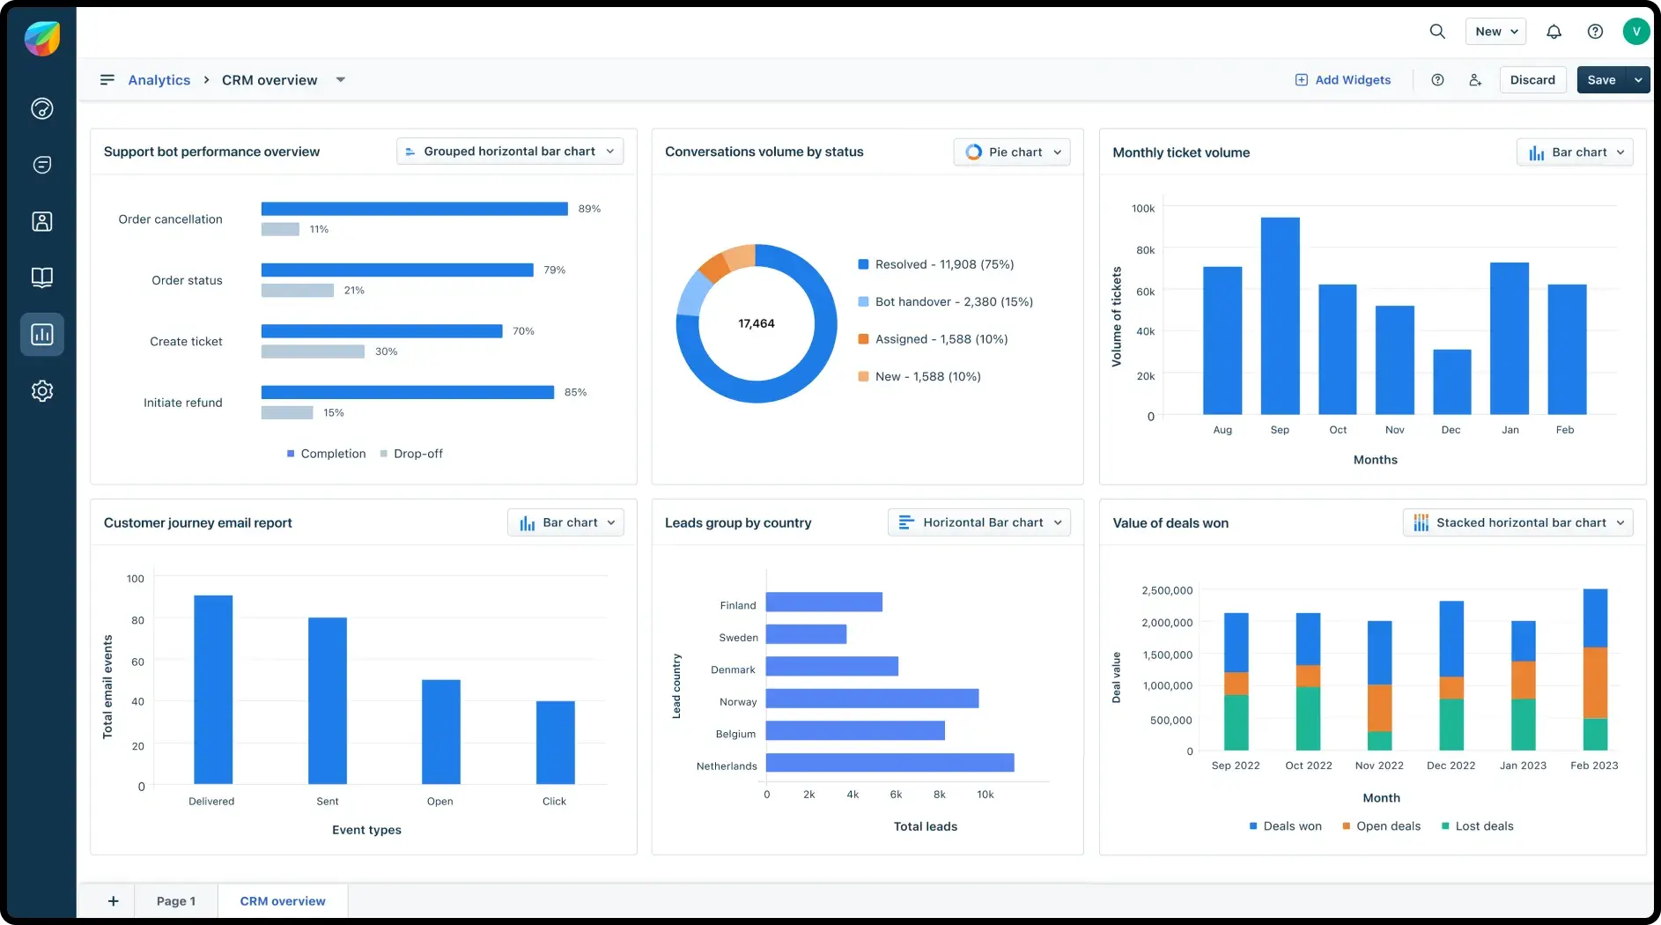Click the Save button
pos(1601,80)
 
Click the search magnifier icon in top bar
pos(1437,32)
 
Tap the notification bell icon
pos(1554,32)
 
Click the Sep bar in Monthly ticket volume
pos(1280,315)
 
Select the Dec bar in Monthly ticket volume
pos(1451,381)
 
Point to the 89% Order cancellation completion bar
pos(414,209)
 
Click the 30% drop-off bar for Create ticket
pos(313,351)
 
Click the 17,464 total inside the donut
pos(757,323)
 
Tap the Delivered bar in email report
pos(213,689)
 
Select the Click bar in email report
pos(555,742)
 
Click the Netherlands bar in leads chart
pos(890,763)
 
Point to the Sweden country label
pos(738,638)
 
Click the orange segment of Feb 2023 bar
pos(1595,683)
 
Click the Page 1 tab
pos(176,901)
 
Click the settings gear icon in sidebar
pos(42,391)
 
